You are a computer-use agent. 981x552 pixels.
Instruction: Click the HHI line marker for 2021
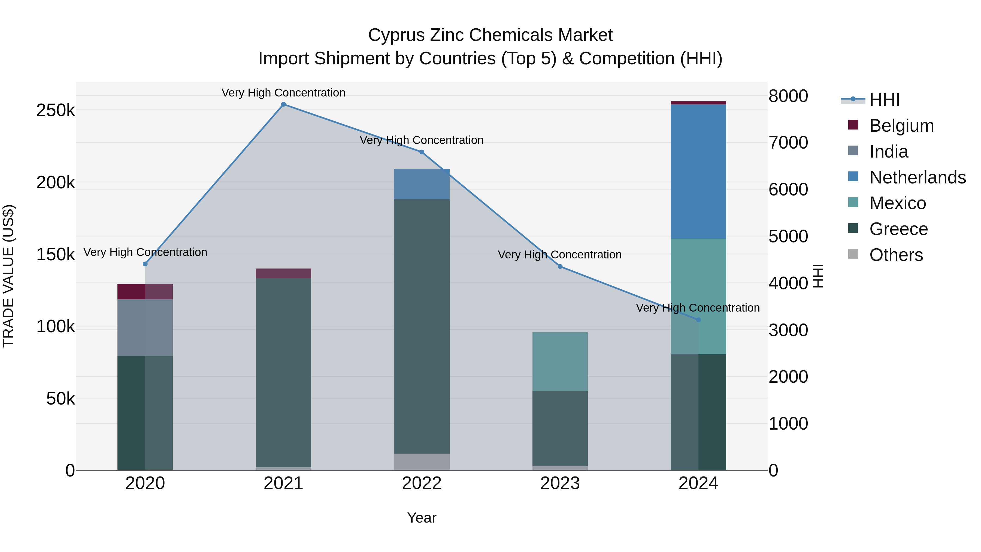coord(283,104)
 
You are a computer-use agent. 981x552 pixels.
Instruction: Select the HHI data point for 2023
coord(560,267)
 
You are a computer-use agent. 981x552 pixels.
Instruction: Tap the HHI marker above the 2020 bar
coord(145,264)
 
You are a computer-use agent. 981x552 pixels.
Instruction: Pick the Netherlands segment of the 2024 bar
coord(698,171)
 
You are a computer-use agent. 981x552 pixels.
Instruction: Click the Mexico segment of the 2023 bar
coord(560,361)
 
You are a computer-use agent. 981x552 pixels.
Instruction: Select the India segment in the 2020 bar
coord(145,328)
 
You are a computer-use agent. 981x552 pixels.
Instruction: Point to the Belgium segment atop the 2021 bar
coord(283,273)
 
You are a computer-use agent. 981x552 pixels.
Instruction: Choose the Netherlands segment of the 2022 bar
coord(422,184)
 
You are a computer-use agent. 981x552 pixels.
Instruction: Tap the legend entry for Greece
coord(898,229)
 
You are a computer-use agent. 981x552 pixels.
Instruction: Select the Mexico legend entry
coord(897,203)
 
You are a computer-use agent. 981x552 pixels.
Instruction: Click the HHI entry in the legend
coord(884,100)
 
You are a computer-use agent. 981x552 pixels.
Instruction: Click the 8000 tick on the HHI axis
coord(788,96)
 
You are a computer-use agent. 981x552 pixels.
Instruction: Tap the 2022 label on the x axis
coord(422,483)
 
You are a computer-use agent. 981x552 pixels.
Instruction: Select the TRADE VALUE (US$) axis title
coord(8,276)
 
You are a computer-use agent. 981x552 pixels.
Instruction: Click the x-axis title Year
coord(422,518)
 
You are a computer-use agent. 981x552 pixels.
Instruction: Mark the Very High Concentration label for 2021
coord(283,93)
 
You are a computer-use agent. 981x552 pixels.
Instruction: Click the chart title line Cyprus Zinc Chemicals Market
coord(490,35)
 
